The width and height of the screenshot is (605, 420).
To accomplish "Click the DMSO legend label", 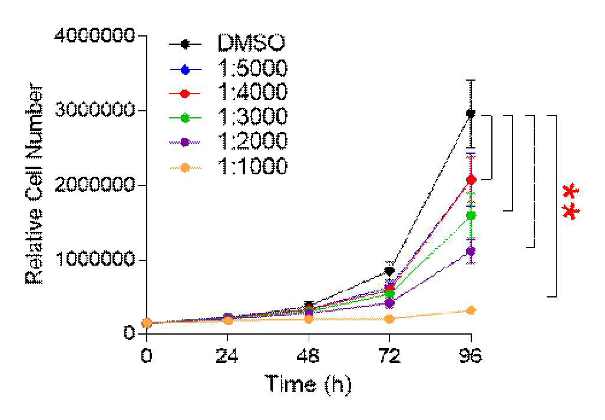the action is [251, 42].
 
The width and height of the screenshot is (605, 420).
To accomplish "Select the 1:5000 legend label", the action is [253, 68].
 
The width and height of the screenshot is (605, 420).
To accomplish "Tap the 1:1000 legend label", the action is [253, 166].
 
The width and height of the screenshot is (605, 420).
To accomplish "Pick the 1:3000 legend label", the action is [253, 117].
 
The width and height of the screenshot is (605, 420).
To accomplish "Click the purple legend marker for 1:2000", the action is [185, 142].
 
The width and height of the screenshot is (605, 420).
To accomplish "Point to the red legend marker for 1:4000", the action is [185, 93].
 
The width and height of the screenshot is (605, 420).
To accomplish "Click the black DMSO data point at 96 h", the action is [471, 114].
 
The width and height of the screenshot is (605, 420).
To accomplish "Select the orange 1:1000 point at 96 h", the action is [471, 310].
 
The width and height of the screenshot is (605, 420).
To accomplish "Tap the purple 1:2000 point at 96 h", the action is [471, 252].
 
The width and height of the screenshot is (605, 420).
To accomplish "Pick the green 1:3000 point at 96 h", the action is [471, 215].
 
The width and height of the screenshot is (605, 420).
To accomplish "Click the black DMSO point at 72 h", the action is [390, 271].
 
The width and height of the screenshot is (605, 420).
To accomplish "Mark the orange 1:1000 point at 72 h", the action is [390, 319].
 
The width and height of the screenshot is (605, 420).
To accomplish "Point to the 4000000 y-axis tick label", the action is [95, 36].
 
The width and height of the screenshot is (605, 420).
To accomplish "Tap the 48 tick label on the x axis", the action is [309, 356].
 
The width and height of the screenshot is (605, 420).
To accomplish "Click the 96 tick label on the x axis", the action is [471, 356].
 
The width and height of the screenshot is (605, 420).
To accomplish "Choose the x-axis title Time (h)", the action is [308, 385].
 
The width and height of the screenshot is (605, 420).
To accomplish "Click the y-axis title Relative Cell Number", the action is [34, 184].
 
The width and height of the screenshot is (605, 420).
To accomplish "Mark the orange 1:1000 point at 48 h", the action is [309, 319].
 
